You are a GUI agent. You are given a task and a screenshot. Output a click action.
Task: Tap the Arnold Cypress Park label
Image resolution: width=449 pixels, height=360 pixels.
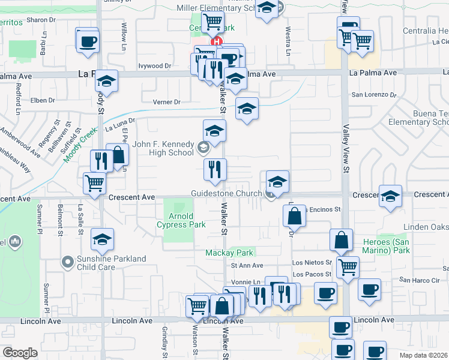(x=181, y=220)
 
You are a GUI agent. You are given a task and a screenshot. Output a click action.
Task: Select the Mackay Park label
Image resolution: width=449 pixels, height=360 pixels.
(x=230, y=253)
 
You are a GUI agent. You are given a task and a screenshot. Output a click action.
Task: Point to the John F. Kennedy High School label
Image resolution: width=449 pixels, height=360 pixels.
(x=163, y=148)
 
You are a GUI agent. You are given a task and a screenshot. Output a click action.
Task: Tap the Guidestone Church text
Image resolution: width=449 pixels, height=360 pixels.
(x=226, y=193)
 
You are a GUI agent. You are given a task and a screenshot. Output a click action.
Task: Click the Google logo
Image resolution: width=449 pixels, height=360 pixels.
(x=20, y=353)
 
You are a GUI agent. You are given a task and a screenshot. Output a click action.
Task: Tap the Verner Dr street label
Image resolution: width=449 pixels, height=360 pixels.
(x=166, y=102)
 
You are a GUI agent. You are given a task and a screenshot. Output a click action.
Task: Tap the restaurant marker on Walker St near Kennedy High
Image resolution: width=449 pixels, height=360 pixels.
(x=214, y=170)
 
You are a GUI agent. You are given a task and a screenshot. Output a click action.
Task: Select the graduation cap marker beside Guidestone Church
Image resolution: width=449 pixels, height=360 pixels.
(x=277, y=182)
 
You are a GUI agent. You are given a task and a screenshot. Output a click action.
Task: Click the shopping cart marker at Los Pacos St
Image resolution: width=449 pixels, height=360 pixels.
(x=348, y=266)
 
